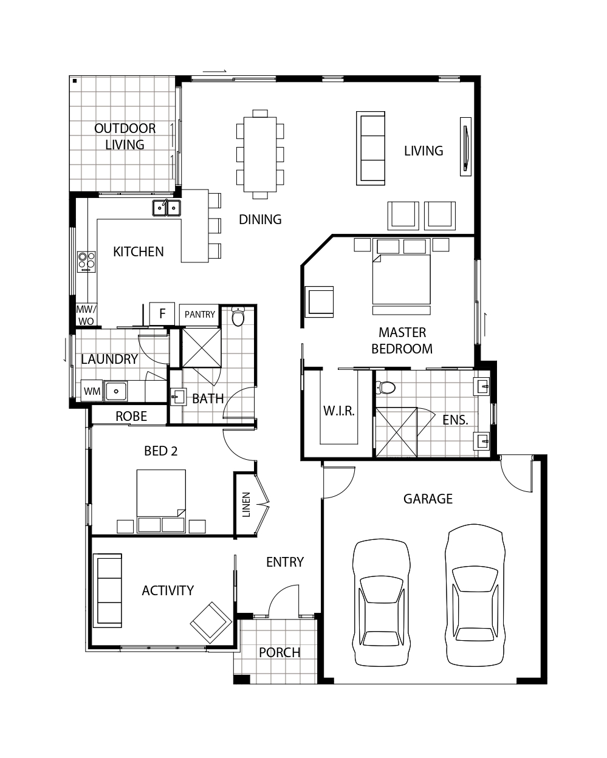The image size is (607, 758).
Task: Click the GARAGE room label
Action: [x=428, y=499]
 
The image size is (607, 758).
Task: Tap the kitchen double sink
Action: [x=166, y=208]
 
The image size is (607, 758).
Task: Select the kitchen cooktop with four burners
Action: [x=86, y=262]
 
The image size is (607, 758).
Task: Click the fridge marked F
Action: [x=162, y=313]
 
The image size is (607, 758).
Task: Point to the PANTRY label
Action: [x=199, y=314]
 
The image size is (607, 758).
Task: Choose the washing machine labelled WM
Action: [x=92, y=391]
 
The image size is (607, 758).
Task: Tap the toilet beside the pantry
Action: [x=238, y=316]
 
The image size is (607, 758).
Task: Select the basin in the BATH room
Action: [x=179, y=397]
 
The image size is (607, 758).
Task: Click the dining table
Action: [x=260, y=154]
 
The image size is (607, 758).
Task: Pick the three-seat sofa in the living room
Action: [x=371, y=148]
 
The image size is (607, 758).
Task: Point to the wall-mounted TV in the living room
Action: [x=465, y=146]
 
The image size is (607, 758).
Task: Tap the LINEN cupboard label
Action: [x=247, y=505]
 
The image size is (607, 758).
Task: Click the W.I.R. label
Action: [x=339, y=411]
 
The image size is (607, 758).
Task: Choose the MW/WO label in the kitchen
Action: [x=86, y=315]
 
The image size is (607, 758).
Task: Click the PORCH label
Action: [x=279, y=652]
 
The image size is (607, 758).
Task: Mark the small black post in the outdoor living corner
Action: [x=75, y=81]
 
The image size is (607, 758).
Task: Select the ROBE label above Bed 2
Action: [x=131, y=416]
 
